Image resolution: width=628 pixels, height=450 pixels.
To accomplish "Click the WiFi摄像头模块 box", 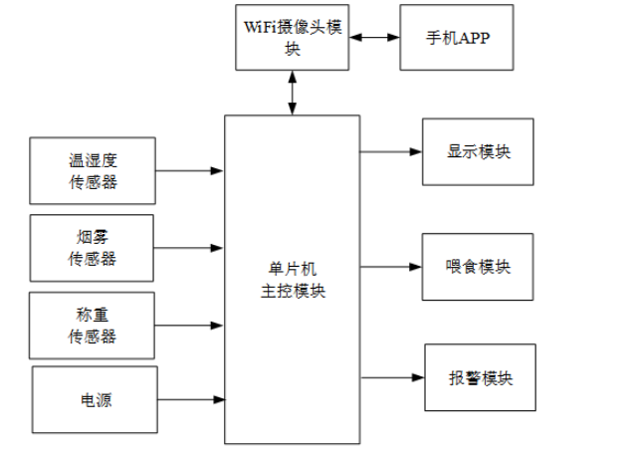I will point(292,38).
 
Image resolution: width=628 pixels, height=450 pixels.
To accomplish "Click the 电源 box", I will point(95,400).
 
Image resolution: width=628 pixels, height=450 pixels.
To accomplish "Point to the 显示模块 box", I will point(478,152).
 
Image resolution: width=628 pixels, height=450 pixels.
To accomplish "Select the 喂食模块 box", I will point(478,267).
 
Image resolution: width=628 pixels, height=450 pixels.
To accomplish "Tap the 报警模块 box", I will point(480,378).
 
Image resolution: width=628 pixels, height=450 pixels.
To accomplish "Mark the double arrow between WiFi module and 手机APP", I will point(374,38).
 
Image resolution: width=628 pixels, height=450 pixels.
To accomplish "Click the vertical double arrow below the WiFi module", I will point(292,93).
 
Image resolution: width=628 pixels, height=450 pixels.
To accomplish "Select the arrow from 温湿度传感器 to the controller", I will point(189,170).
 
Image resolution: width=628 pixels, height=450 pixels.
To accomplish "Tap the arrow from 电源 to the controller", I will point(189,400).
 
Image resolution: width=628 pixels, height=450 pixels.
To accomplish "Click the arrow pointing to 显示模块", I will point(390,152).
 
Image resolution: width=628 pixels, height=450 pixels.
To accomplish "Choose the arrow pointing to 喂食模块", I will point(390,267).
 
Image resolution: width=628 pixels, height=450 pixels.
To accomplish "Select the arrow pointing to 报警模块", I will point(392,378).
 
